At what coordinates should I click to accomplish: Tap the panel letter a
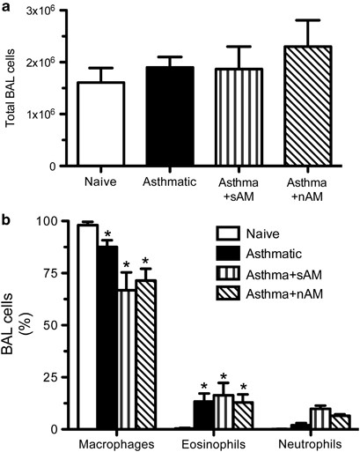(6, 6)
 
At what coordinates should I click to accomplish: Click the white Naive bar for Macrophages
(87, 327)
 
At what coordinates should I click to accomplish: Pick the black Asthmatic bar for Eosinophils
(203, 415)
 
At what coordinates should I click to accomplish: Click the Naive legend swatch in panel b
(229, 234)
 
